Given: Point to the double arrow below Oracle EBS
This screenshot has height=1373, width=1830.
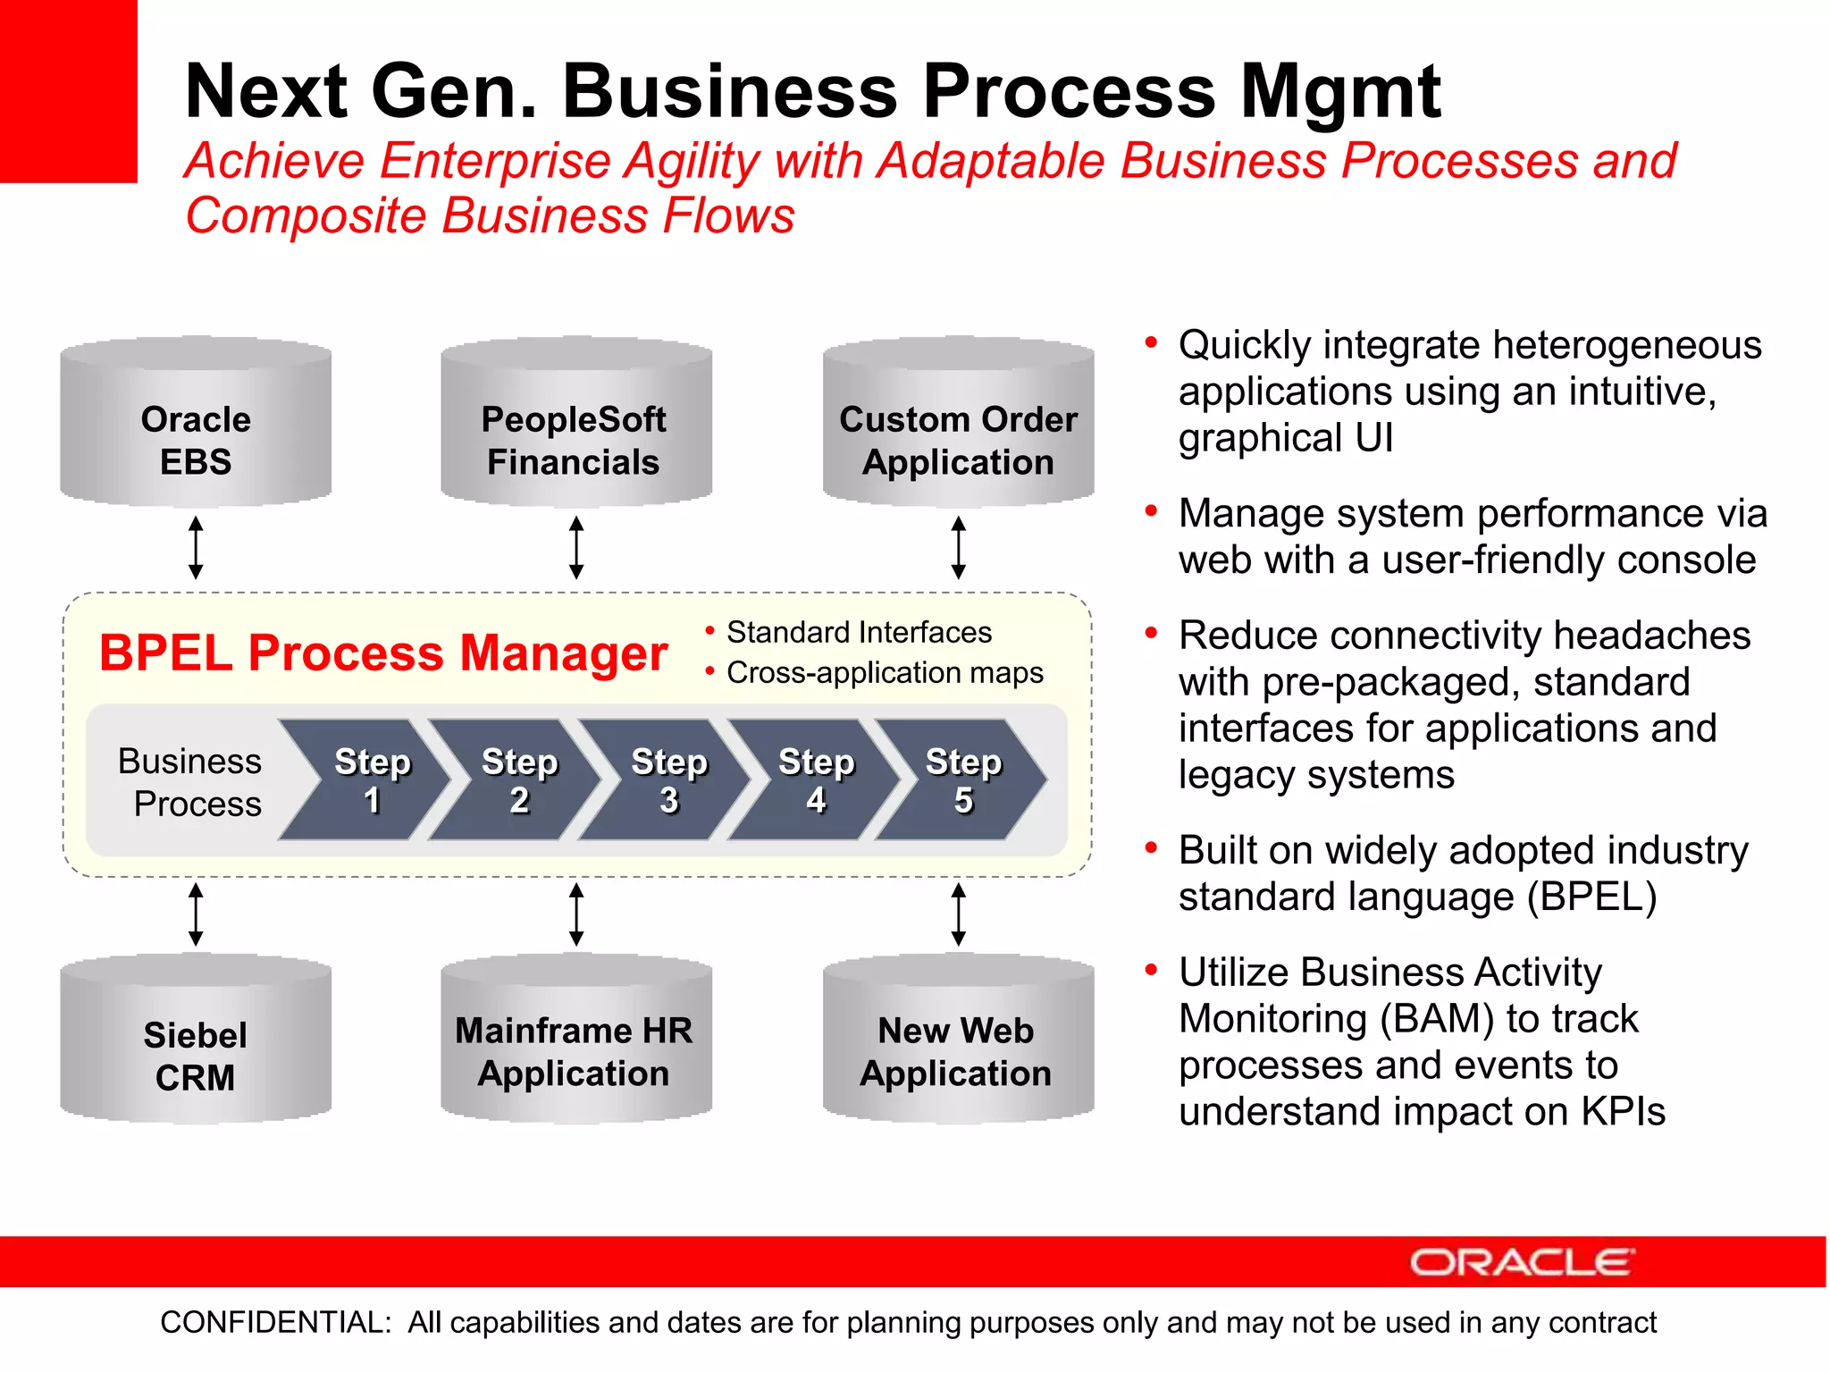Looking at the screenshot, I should coord(196,547).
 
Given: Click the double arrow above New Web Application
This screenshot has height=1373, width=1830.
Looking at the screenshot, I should coord(958,914).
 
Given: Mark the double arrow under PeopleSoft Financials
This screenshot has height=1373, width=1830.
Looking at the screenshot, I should coord(576,547).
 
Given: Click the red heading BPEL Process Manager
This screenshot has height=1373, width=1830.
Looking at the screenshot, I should coord(383,653).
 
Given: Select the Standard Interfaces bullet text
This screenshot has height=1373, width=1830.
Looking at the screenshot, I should coord(859,632).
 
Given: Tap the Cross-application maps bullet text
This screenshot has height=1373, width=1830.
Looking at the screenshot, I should coord(885,672).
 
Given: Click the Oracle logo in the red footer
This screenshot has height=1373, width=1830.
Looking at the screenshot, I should coord(1522,1262).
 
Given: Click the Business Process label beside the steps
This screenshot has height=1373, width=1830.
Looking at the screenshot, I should coord(190,782).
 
